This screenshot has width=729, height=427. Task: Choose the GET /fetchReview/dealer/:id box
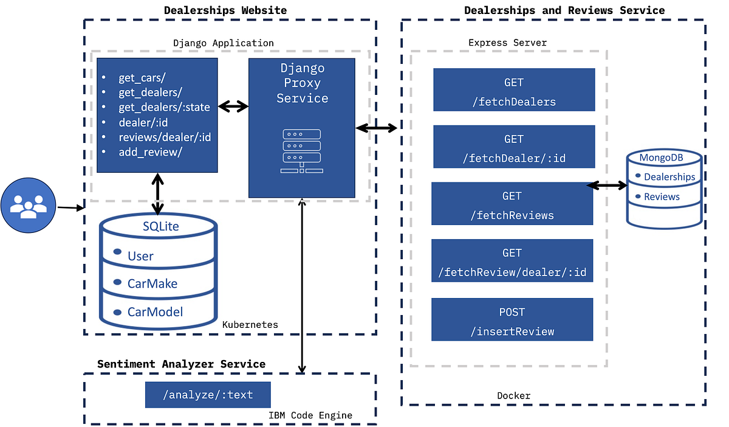[x=512, y=261]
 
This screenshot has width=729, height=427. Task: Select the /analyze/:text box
[x=207, y=395]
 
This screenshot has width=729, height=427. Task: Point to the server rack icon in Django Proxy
[x=301, y=151]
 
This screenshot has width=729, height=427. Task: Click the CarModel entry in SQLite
[x=154, y=312]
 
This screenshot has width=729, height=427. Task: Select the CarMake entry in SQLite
[x=152, y=283]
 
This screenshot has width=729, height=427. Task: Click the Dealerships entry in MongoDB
[x=669, y=177]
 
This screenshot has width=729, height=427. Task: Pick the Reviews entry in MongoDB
[x=662, y=196]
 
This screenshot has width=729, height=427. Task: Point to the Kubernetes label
[x=250, y=325]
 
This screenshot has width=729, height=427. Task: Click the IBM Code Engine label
[x=310, y=415]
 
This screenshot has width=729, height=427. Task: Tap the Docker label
[x=513, y=396]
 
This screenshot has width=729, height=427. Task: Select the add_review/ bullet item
[x=150, y=152]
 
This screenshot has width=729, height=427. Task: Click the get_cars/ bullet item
[x=142, y=78]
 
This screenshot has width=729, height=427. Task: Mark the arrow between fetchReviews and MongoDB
[x=607, y=185]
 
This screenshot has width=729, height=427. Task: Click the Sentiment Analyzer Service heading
[x=181, y=364]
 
